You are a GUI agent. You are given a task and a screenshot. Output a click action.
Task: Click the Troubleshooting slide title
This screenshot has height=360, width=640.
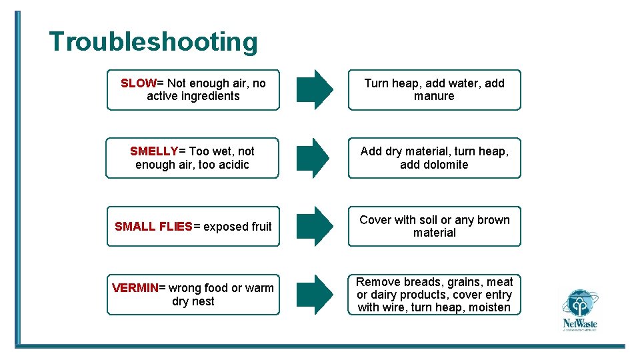[153, 41]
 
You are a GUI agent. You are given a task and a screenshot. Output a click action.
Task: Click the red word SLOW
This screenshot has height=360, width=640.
[138, 83]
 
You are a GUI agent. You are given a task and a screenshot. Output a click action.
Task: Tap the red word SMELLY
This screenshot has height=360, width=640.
[154, 151]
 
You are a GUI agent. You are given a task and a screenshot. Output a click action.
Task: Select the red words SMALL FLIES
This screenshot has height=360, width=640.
[153, 227]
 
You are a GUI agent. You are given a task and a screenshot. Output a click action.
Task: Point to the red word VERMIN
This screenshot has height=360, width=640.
[135, 288]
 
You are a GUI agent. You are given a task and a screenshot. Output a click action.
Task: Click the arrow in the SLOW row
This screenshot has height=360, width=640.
[314, 89]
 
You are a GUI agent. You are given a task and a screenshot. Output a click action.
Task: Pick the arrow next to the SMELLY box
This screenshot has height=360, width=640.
[314, 158]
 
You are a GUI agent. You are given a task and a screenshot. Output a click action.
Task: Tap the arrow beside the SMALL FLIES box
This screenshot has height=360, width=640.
[314, 227]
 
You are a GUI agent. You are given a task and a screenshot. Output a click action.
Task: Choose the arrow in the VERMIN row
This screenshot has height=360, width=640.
[314, 295]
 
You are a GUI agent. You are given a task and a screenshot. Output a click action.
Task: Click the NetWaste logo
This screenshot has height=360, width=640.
[579, 310]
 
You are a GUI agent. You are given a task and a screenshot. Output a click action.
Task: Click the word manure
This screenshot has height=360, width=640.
[434, 97]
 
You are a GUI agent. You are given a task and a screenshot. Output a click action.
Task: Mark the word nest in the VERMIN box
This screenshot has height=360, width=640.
[203, 301]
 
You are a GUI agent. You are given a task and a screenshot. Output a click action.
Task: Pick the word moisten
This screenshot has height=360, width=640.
[488, 307]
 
